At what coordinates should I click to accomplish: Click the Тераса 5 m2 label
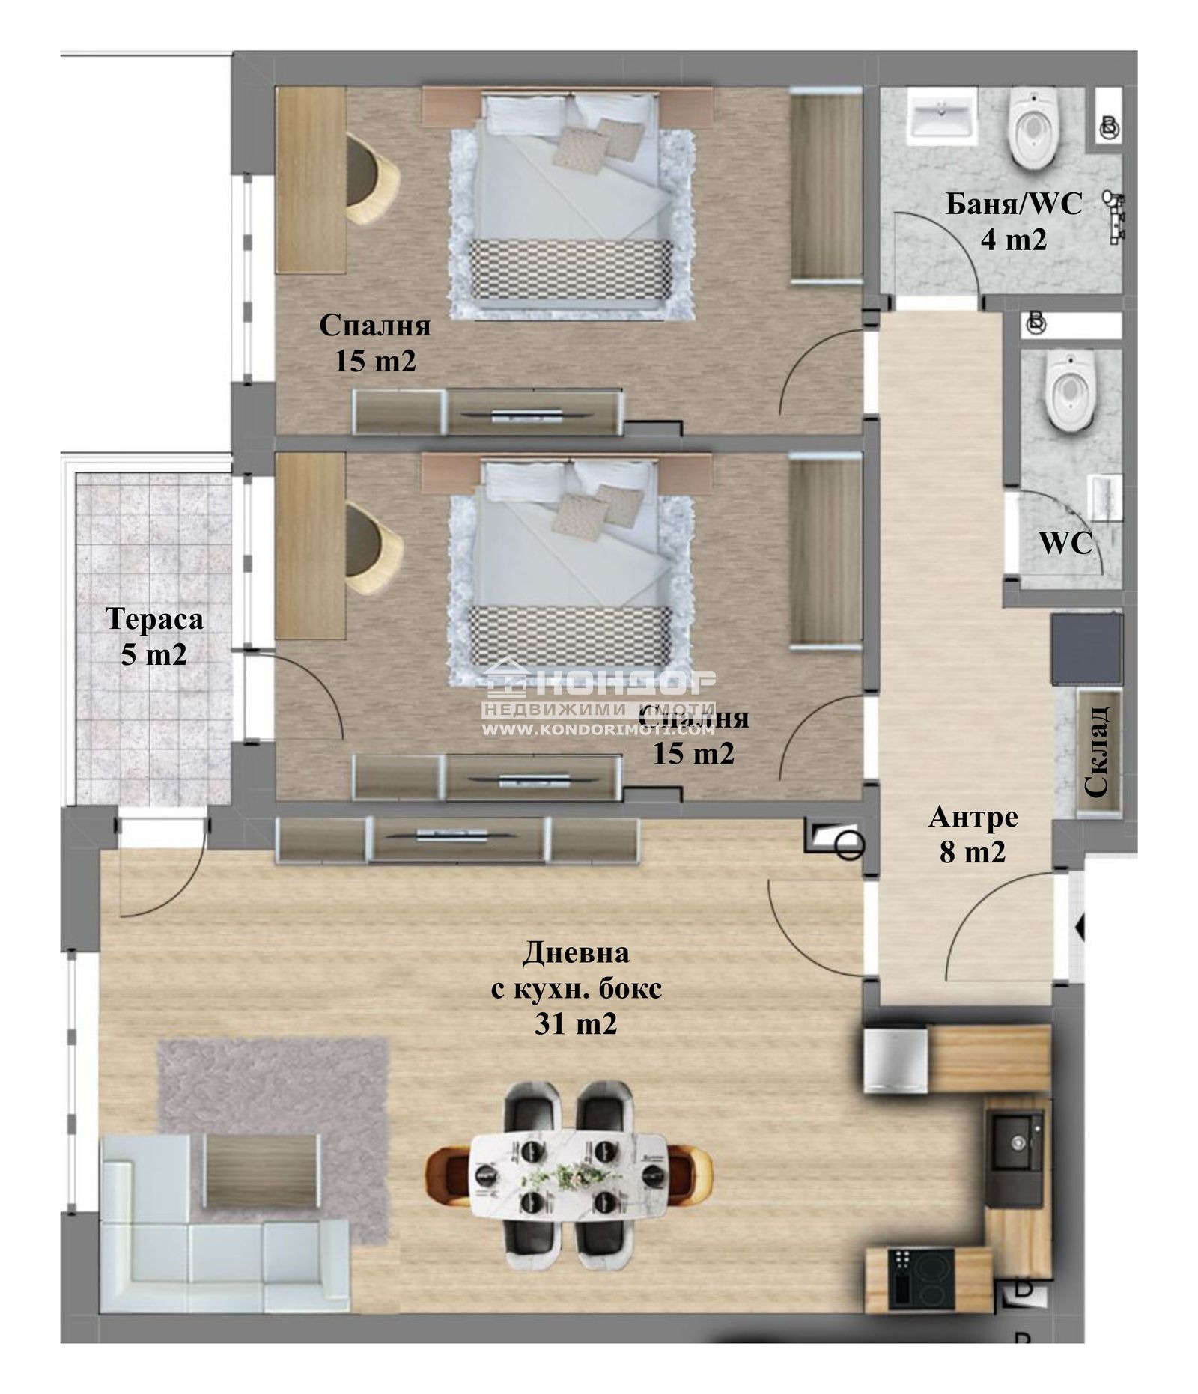point(153,636)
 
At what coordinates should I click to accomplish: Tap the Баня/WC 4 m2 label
point(1013,222)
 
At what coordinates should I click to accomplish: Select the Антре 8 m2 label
point(973,833)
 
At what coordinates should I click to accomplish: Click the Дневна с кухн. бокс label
point(575,988)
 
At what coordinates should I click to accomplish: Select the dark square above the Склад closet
point(1086,648)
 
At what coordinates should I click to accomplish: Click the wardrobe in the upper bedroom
point(826,186)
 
